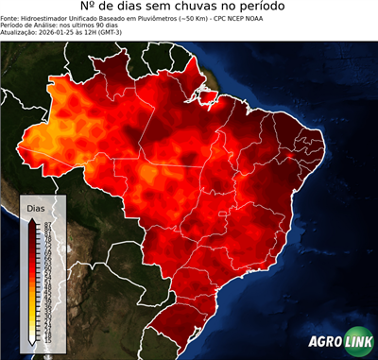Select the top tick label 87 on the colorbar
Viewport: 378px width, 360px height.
(46, 223)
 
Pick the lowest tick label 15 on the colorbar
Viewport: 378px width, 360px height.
(46, 338)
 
